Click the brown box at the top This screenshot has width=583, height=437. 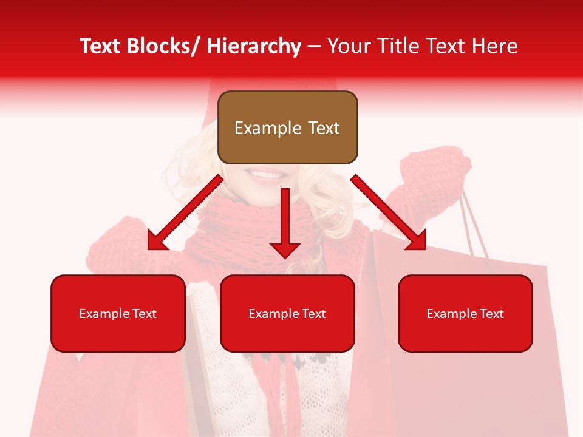[x=287, y=127]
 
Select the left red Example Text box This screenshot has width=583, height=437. [x=118, y=313]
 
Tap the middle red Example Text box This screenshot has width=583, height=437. [x=287, y=313]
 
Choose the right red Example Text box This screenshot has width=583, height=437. [x=465, y=313]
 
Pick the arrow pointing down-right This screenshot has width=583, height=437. [x=389, y=213]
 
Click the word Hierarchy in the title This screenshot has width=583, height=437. [x=254, y=46]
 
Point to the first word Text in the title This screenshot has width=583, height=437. [x=100, y=46]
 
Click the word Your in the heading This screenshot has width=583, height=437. [x=349, y=46]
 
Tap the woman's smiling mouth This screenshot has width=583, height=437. [x=266, y=175]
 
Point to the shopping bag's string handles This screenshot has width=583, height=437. [x=474, y=225]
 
